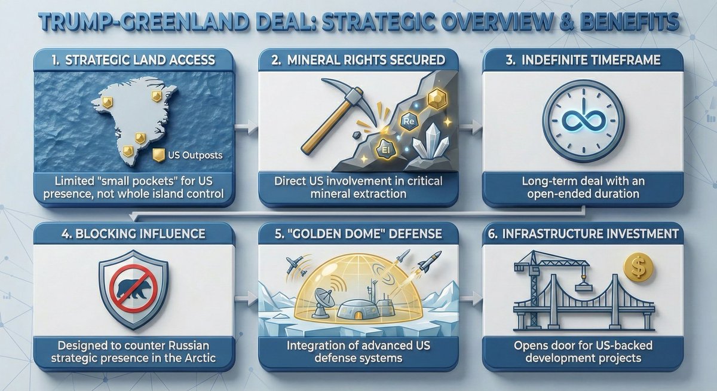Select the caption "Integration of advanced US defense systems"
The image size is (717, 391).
(x=358, y=353)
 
